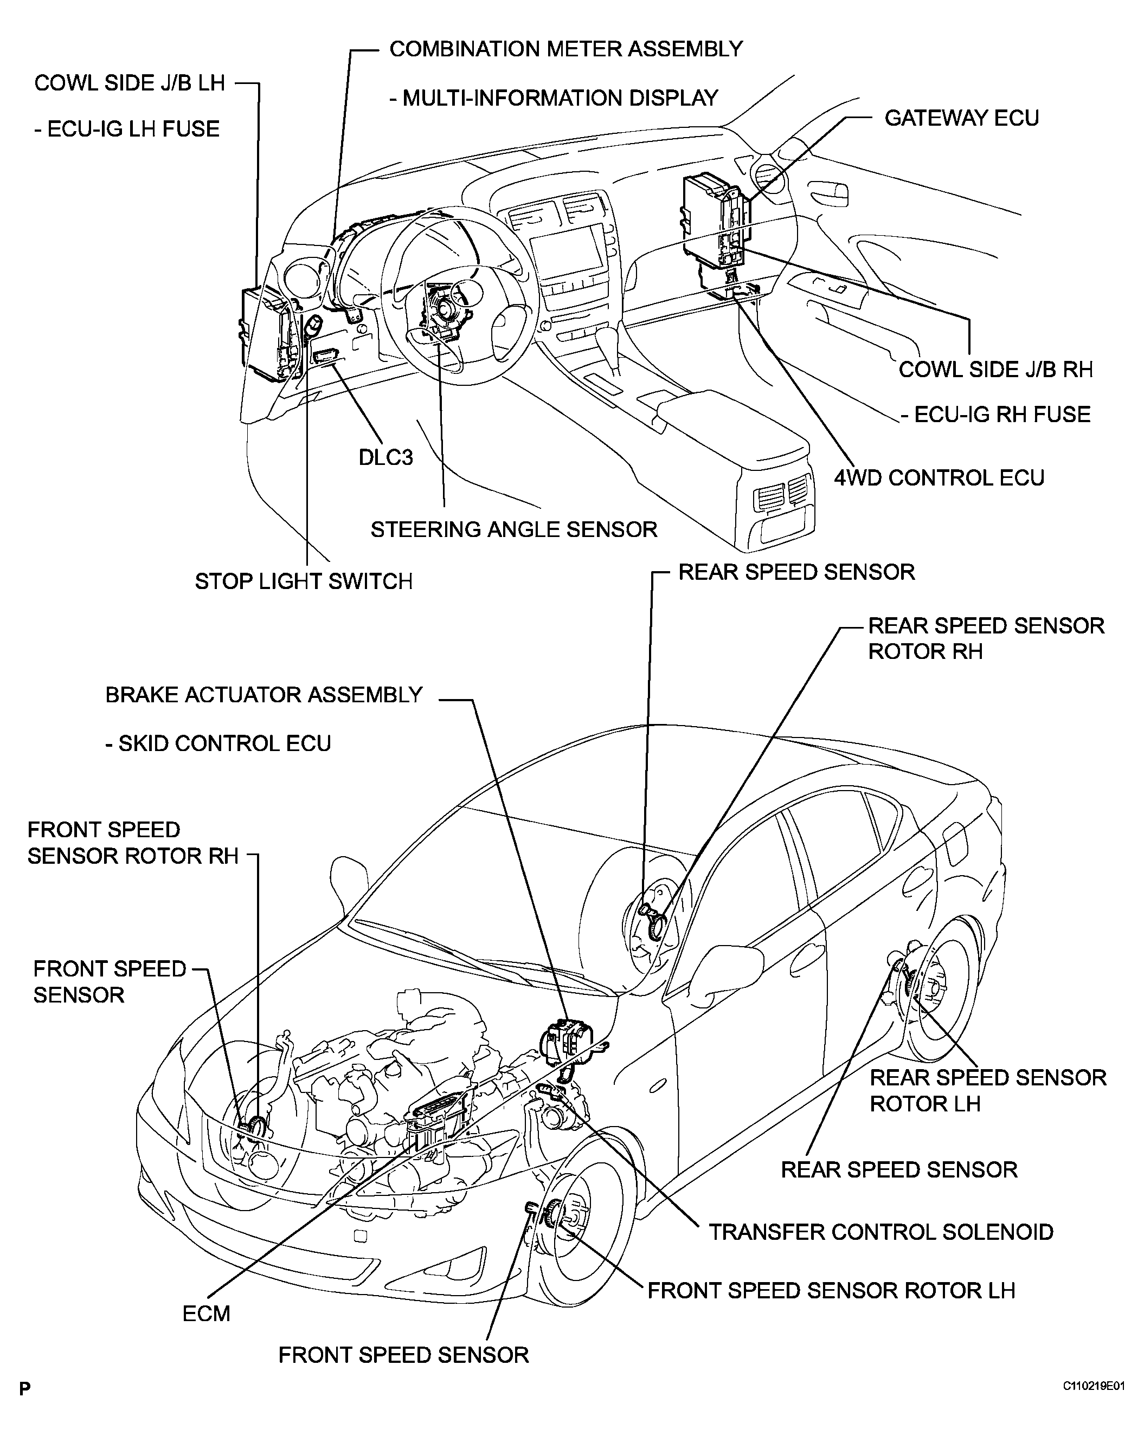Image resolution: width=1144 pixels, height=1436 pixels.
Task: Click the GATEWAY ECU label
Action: (961, 118)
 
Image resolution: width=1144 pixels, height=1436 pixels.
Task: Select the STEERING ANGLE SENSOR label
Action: (513, 529)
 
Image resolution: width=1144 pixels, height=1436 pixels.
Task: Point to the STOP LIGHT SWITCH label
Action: (303, 581)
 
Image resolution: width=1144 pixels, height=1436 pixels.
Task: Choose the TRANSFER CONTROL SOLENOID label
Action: (880, 1232)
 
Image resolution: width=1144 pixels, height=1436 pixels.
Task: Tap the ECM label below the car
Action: (206, 1314)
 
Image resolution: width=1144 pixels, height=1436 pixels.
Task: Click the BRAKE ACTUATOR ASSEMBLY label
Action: (264, 695)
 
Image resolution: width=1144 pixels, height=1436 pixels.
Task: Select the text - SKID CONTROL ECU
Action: (218, 743)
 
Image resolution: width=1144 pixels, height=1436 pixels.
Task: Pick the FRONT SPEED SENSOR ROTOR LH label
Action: (831, 1290)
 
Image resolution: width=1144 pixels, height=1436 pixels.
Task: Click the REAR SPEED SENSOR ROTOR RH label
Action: (986, 638)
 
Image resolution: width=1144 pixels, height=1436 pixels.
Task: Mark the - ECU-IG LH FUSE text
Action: (126, 128)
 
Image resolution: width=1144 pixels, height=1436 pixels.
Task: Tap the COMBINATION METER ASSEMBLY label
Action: (565, 49)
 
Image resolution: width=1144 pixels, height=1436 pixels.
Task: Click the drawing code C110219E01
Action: (1094, 1386)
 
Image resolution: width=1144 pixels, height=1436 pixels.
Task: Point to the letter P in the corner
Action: (24, 1389)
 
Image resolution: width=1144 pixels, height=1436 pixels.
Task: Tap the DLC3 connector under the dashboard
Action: (326, 355)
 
